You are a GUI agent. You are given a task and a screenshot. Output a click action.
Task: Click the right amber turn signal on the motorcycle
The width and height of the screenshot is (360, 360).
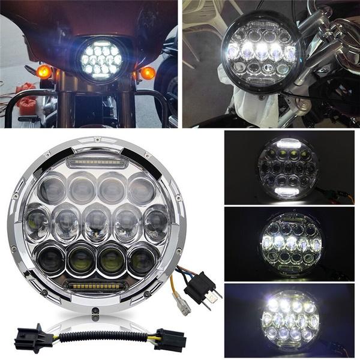pyautogui.click(x=148, y=73)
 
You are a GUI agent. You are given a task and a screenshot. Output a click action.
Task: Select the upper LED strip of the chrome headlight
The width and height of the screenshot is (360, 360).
pyautogui.click(x=95, y=161)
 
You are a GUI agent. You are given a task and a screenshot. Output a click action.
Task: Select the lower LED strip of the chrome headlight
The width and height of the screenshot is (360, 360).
pyautogui.click(x=97, y=286)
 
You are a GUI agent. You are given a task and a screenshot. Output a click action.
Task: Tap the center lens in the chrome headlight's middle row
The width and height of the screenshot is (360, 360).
pyautogui.click(x=97, y=223)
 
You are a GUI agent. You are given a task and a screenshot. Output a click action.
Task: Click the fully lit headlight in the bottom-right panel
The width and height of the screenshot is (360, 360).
pyautogui.click(x=290, y=317)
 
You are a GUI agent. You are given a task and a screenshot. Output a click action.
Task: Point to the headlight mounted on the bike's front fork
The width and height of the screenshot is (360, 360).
pyautogui.click(x=263, y=55)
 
